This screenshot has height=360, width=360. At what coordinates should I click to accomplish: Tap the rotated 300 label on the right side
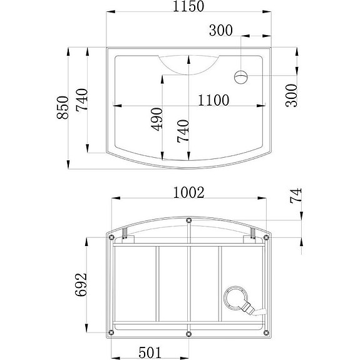point(291,95)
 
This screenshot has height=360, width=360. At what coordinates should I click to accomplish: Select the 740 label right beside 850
point(82,100)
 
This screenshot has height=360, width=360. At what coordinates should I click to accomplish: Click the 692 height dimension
point(82,285)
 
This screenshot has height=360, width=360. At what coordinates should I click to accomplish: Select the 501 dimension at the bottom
point(150,352)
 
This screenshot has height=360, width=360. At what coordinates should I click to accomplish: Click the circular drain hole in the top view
point(241,77)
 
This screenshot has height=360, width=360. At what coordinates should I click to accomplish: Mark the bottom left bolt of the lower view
point(111,332)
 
